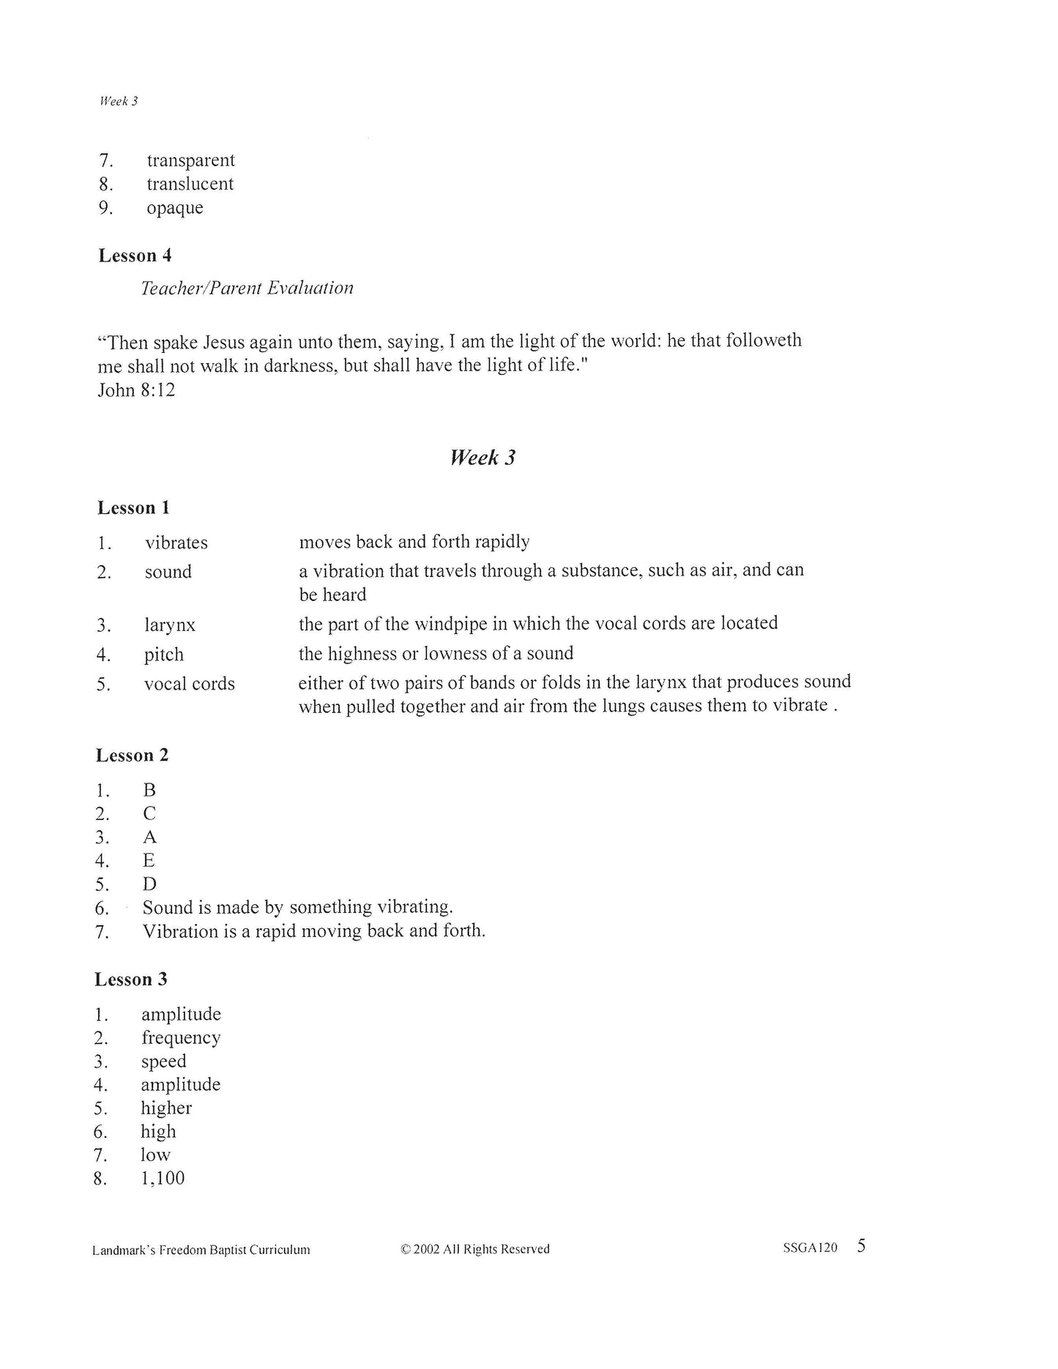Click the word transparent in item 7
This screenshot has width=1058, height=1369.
click(190, 160)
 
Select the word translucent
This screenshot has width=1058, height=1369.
click(190, 184)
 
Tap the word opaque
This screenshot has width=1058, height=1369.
click(174, 208)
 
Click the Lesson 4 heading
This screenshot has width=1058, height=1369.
click(135, 255)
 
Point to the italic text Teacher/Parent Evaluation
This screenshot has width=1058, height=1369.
click(247, 288)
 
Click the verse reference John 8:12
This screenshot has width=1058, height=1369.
click(136, 389)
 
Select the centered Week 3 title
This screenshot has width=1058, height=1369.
click(483, 458)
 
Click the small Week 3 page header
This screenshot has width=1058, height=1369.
click(119, 101)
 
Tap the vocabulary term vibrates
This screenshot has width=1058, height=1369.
click(176, 542)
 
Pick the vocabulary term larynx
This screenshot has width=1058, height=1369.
click(170, 625)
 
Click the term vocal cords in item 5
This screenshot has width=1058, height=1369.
click(189, 684)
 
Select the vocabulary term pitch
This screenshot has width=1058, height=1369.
click(164, 654)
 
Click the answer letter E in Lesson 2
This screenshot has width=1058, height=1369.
click(149, 860)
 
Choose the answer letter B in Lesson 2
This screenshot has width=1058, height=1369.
click(149, 790)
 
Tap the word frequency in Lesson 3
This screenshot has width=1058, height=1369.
click(181, 1038)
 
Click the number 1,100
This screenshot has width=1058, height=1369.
click(163, 1178)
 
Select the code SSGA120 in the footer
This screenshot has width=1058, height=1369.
click(810, 1248)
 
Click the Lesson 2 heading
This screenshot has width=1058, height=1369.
click(132, 756)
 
